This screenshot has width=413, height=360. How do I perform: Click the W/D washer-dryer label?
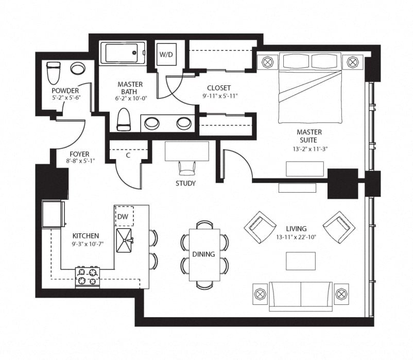(166, 55)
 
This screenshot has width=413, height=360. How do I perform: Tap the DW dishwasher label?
(123, 216)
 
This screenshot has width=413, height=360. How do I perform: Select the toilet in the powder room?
(53, 73)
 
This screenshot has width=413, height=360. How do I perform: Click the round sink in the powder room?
(78, 68)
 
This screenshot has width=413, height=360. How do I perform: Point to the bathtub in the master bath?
(123, 54)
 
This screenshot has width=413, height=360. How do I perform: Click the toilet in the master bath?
(124, 119)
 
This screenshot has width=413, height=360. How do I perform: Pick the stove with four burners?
(88, 277)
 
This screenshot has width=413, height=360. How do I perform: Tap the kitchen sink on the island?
(124, 240)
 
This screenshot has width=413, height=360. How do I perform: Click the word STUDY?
(186, 183)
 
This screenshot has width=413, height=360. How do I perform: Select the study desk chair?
(187, 168)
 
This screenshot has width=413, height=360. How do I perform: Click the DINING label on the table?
(203, 254)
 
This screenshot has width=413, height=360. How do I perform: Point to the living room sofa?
(301, 296)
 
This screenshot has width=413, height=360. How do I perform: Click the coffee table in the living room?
(301, 261)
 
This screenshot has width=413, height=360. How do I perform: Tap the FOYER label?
(79, 154)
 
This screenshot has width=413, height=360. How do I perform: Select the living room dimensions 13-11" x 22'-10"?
(296, 237)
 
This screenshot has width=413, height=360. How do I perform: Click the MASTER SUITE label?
(309, 136)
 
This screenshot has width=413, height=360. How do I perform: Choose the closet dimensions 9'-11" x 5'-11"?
(220, 96)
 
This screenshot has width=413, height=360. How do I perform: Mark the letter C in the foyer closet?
(128, 156)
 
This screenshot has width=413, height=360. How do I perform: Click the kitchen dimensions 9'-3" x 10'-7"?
(88, 244)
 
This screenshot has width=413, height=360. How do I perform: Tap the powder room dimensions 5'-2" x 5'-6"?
(66, 97)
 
